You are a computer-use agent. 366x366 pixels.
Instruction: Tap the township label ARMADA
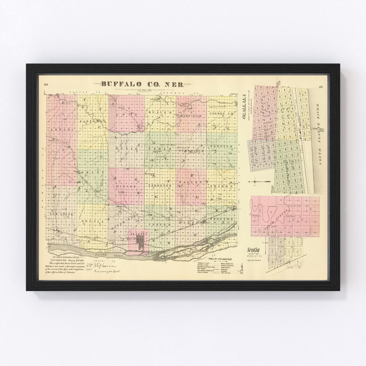(x=61, y=129)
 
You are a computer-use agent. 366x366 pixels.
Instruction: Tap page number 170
(x=46, y=85)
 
